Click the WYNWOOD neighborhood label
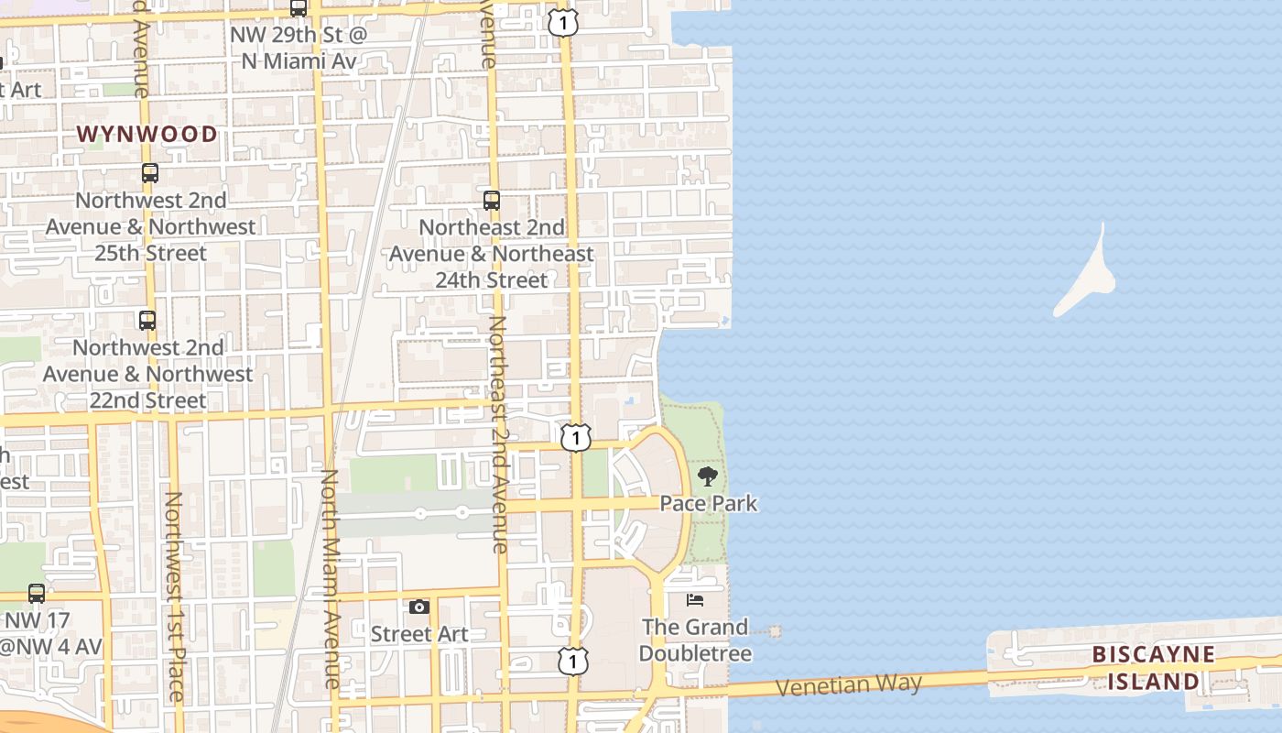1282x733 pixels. pos(147,135)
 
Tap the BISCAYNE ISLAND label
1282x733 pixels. pos(1153,668)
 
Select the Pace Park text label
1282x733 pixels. pos(709,503)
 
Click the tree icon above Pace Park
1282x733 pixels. pos(707,476)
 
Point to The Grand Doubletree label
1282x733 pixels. pos(695,640)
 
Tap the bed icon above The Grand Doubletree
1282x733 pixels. pos(695,600)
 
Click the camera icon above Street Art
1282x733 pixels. pos(418,607)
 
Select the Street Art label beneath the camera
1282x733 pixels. pos(419,634)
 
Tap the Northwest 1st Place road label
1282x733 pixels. pos(173,596)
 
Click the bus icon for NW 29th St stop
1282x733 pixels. pos(299,8)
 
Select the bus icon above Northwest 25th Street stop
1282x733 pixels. pos(149,172)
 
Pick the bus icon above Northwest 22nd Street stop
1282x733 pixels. pos(147,320)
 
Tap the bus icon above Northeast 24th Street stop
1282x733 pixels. pos(492,200)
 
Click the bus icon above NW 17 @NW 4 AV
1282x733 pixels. pos(37,593)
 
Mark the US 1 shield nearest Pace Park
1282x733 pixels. pos(575,438)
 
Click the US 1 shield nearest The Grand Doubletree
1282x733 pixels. pos(572,660)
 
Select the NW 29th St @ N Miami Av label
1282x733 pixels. pos(299,49)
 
